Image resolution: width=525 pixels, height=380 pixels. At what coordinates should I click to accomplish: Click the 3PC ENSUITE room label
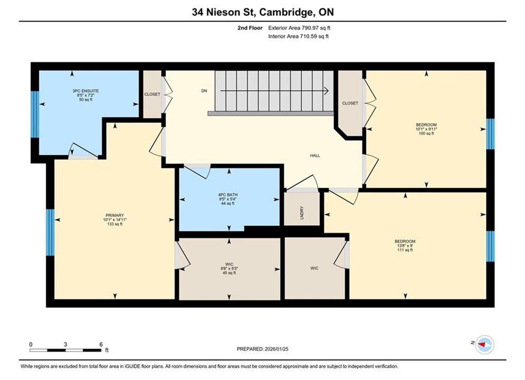click(85, 91)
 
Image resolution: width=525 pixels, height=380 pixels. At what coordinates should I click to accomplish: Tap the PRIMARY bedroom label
click(115, 215)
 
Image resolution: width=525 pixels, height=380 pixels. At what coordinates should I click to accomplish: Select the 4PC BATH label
click(228, 195)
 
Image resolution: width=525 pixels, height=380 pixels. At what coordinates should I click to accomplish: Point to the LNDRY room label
click(302, 213)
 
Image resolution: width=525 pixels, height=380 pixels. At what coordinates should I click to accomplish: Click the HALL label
click(314, 155)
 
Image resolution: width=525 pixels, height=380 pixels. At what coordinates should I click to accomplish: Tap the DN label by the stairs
click(204, 91)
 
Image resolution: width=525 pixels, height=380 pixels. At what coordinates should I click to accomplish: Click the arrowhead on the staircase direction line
click(326, 91)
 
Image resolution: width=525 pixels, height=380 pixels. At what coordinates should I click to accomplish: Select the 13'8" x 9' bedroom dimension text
click(405, 245)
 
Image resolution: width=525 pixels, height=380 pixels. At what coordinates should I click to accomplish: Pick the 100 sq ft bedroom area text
click(426, 133)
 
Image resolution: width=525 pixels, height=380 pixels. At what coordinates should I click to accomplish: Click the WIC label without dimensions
click(314, 268)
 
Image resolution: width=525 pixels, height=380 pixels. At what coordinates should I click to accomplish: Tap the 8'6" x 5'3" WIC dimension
click(230, 269)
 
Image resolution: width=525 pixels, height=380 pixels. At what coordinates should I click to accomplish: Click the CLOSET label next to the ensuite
click(152, 94)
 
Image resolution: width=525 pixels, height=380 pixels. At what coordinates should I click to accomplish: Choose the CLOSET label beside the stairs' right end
click(350, 103)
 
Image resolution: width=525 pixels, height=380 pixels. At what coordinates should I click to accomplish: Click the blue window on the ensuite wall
click(35, 114)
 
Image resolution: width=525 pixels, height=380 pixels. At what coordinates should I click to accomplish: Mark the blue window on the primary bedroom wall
click(50, 232)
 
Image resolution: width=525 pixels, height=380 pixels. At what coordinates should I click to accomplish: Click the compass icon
click(484, 344)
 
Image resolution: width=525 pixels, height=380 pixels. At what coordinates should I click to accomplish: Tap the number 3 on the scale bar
click(65, 344)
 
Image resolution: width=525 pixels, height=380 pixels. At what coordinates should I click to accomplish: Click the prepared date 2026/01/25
click(276, 349)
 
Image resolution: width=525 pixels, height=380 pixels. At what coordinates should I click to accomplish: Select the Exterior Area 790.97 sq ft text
click(299, 28)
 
